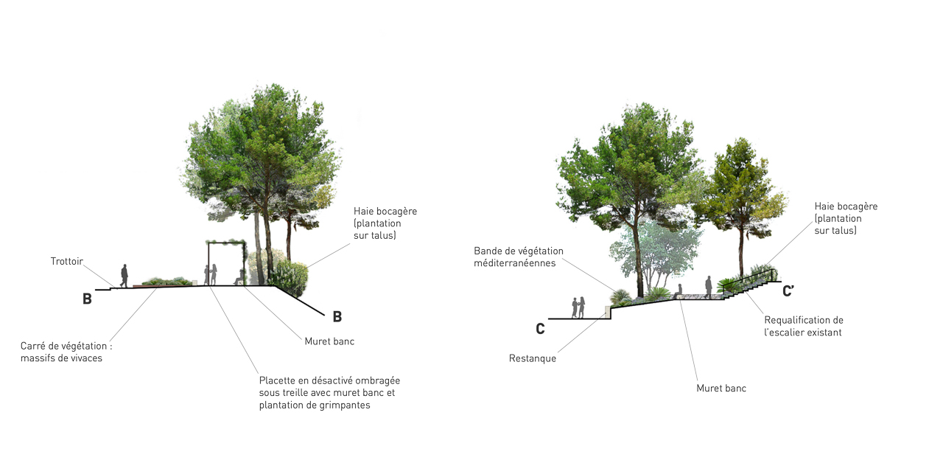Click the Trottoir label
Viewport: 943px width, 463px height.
[x=66, y=261]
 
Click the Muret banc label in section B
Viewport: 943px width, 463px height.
[x=329, y=341]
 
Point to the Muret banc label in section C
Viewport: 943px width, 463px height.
[x=721, y=388]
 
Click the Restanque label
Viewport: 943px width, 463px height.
[x=533, y=358]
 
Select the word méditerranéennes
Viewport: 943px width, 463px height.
[x=515, y=263]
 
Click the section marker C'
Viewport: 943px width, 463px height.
[x=788, y=290]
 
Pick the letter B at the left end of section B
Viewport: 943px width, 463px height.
[x=87, y=299]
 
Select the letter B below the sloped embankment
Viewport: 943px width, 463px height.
[x=337, y=317]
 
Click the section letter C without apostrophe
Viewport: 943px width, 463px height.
[x=540, y=329]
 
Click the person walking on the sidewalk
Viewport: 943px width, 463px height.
[x=124, y=276]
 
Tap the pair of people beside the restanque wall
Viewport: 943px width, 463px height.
[x=578, y=307]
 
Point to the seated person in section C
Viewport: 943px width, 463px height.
[x=679, y=291]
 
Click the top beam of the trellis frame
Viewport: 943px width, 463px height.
[x=226, y=242]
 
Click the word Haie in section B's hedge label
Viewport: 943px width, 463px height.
[x=362, y=211]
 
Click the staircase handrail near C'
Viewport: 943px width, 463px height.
[x=749, y=278]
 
